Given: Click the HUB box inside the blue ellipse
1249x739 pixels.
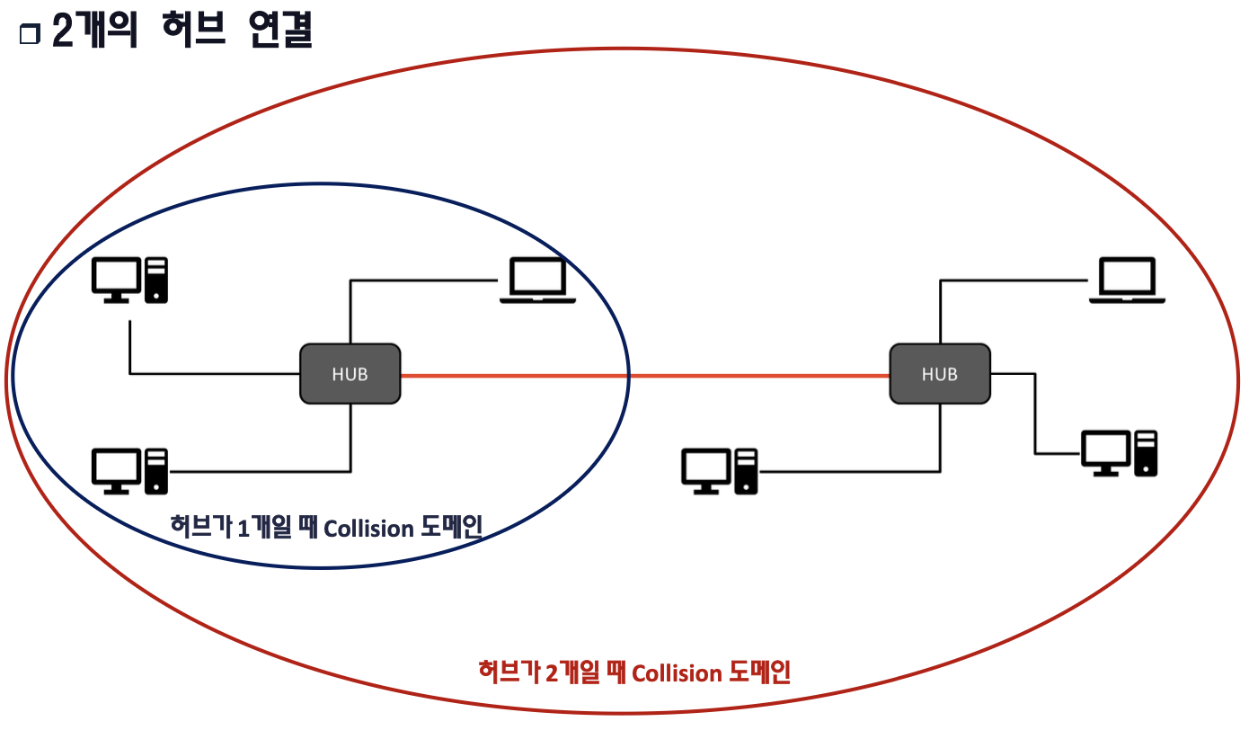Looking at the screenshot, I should pyautogui.click(x=350, y=374).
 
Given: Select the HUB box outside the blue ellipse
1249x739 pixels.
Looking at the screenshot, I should pyautogui.click(x=939, y=374).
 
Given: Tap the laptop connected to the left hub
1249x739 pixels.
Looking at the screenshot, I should pyautogui.click(x=537, y=280).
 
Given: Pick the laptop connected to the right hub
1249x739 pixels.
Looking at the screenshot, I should pyautogui.click(x=1127, y=280).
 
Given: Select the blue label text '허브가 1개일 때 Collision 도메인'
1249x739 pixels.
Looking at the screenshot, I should pyautogui.click(x=326, y=528).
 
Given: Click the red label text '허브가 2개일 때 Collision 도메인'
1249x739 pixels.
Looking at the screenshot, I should pyautogui.click(x=634, y=672).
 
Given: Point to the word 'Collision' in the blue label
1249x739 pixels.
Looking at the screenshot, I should pyautogui.click(x=368, y=529).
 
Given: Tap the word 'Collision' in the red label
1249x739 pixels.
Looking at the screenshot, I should pyautogui.click(x=677, y=673).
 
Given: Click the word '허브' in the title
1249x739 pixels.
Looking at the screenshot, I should pyautogui.click(x=182, y=32).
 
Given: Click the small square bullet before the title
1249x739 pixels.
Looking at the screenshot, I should pyautogui.click(x=30, y=35).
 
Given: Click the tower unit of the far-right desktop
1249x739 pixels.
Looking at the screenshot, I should pyautogui.click(x=1146, y=453).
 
